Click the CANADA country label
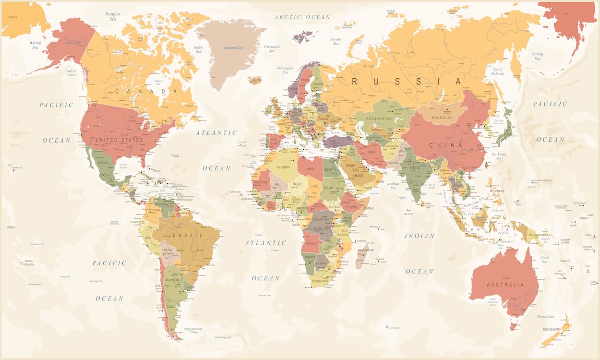click(142, 91)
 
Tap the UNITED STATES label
click(119, 140)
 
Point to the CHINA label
click(446, 145)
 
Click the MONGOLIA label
click(442, 118)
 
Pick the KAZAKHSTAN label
click(379, 119)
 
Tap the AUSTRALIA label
click(505, 285)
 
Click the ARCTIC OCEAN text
click(302, 17)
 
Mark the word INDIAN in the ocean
click(419, 236)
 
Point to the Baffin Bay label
click(198, 49)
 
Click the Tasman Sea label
click(545, 317)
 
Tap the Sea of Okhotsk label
click(497, 72)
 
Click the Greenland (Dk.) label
click(233, 48)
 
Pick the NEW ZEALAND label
click(552, 330)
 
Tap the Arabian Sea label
click(393, 185)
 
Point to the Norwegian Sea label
click(285, 70)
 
